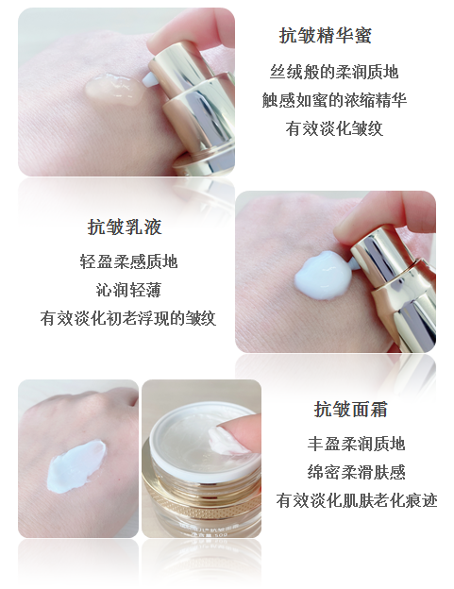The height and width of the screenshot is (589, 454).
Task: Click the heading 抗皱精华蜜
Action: (326, 36)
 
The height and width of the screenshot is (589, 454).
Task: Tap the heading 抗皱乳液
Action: (125, 227)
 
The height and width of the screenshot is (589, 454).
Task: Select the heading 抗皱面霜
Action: (350, 409)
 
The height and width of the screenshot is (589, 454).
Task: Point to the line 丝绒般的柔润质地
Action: (334, 72)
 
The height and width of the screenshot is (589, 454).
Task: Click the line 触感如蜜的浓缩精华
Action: (334, 100)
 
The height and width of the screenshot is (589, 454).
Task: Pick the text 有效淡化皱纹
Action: (334, 128)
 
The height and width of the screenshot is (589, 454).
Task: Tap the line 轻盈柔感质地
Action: (128, 261)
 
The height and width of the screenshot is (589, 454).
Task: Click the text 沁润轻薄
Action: (128, 290)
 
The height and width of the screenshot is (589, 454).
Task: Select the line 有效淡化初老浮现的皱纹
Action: (128, 318)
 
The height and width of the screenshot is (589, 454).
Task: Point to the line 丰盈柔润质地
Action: (356, 444)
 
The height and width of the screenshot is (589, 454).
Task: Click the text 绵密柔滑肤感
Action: (356, 472)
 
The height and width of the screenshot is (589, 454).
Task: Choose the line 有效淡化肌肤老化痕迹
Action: (357, 500)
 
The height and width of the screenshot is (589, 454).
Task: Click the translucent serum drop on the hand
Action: (114, 90)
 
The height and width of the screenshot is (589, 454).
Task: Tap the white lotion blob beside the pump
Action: (323, 276)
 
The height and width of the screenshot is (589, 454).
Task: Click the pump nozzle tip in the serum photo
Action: (149, 79)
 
